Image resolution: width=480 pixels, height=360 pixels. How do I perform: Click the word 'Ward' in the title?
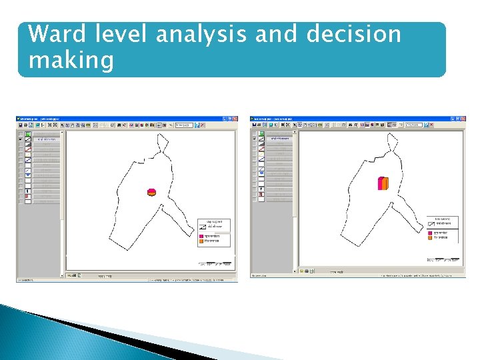[x=58, y=34]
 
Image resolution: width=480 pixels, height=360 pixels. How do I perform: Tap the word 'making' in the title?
[x=71, y=61]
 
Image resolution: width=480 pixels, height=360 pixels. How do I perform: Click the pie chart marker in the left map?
[x=151, y=192]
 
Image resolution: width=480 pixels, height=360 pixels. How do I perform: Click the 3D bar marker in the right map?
[x=383, y=183]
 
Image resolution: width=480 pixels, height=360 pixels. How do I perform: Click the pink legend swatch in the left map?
[x=201, y=237]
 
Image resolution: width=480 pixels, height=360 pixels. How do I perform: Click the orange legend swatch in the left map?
[x=201, y=241]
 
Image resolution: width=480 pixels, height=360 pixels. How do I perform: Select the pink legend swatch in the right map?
[x=431, y=233]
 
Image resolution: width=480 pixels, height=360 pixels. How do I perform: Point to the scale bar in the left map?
[x=215, y=263]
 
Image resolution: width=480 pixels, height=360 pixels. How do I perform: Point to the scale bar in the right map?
[x=443, y=259]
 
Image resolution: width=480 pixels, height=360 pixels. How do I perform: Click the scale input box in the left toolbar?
[x=184, y=125]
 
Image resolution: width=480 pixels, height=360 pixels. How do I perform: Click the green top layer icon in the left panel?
[x=28, y=134]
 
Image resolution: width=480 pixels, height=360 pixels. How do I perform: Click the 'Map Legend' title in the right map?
[x=443, y=218]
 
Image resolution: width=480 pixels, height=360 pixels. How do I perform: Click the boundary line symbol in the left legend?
[x=201, y=227]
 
